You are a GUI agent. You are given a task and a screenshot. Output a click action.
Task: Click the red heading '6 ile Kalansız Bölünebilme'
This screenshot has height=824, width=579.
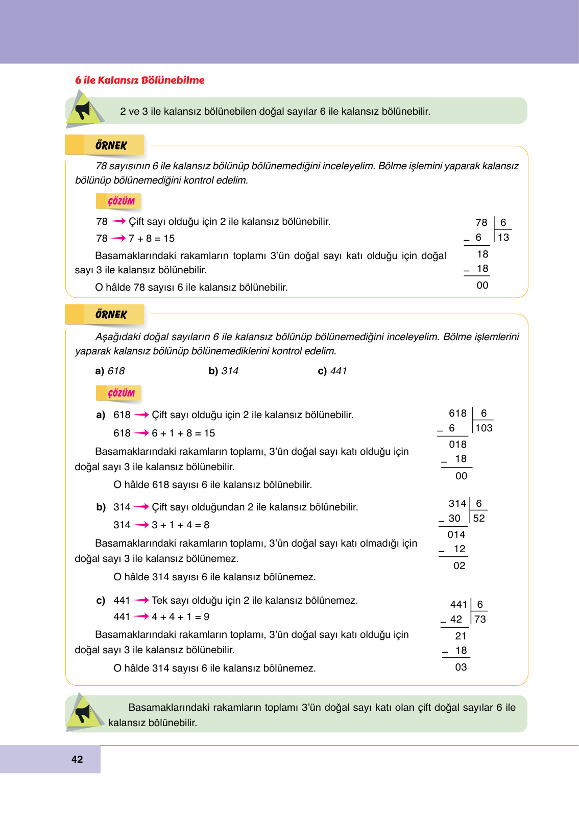coord(139,80)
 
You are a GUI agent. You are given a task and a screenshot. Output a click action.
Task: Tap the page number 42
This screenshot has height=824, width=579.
coord(77,759)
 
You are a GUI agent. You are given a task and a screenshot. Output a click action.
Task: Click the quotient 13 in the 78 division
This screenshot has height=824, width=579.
coord(503,238)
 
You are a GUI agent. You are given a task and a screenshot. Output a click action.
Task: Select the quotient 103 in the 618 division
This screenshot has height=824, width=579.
coord(484,428)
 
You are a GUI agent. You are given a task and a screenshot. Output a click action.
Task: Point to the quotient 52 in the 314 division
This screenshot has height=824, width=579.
coord(479,519)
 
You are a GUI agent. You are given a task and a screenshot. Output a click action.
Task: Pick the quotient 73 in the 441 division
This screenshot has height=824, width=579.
coord(480,620)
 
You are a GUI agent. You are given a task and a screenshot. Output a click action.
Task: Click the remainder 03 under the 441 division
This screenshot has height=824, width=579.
coord(461,667)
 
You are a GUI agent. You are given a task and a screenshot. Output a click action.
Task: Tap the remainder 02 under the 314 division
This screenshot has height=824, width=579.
coord(459,566)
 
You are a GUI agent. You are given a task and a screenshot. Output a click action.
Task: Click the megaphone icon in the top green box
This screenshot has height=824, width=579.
coord(83,110)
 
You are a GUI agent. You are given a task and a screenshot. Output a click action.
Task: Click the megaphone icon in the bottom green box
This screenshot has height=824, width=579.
coord(83,712)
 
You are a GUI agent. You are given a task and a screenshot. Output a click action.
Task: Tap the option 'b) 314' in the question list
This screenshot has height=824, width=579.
coord(223,371)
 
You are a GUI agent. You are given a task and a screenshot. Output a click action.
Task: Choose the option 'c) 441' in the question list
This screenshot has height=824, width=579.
coord(332,371)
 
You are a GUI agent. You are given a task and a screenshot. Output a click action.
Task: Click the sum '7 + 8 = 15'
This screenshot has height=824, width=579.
coord(152,239)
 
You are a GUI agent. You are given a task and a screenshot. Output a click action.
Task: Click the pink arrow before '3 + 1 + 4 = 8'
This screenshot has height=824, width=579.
coord(141,525)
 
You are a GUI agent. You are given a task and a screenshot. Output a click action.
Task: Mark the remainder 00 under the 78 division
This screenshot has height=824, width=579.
coord(482,286)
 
